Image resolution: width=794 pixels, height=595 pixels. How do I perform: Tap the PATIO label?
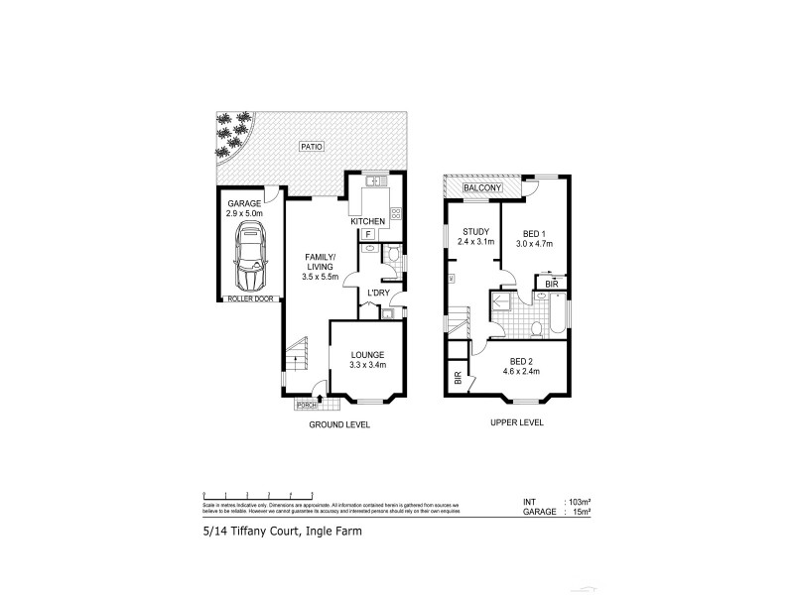coord(315,148)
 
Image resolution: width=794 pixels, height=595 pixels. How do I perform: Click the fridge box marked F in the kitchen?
coord(368,234)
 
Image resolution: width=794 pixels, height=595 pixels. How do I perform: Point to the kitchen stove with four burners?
coord(394,213)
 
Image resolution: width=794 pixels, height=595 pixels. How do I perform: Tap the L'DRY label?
coord(378,293)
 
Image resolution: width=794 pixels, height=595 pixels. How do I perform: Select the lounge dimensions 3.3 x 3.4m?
coord(367,365)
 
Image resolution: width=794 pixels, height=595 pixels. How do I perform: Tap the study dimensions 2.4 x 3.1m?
coord(475,241)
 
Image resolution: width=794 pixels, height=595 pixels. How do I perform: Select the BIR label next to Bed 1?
coord(551,284)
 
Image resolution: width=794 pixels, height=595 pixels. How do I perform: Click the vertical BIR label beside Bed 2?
coord(458,378)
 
